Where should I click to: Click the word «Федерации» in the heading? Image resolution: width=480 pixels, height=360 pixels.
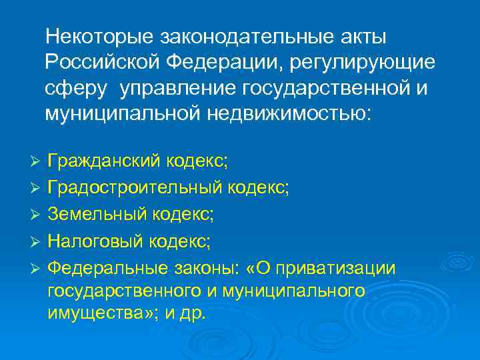click(220, 61)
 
